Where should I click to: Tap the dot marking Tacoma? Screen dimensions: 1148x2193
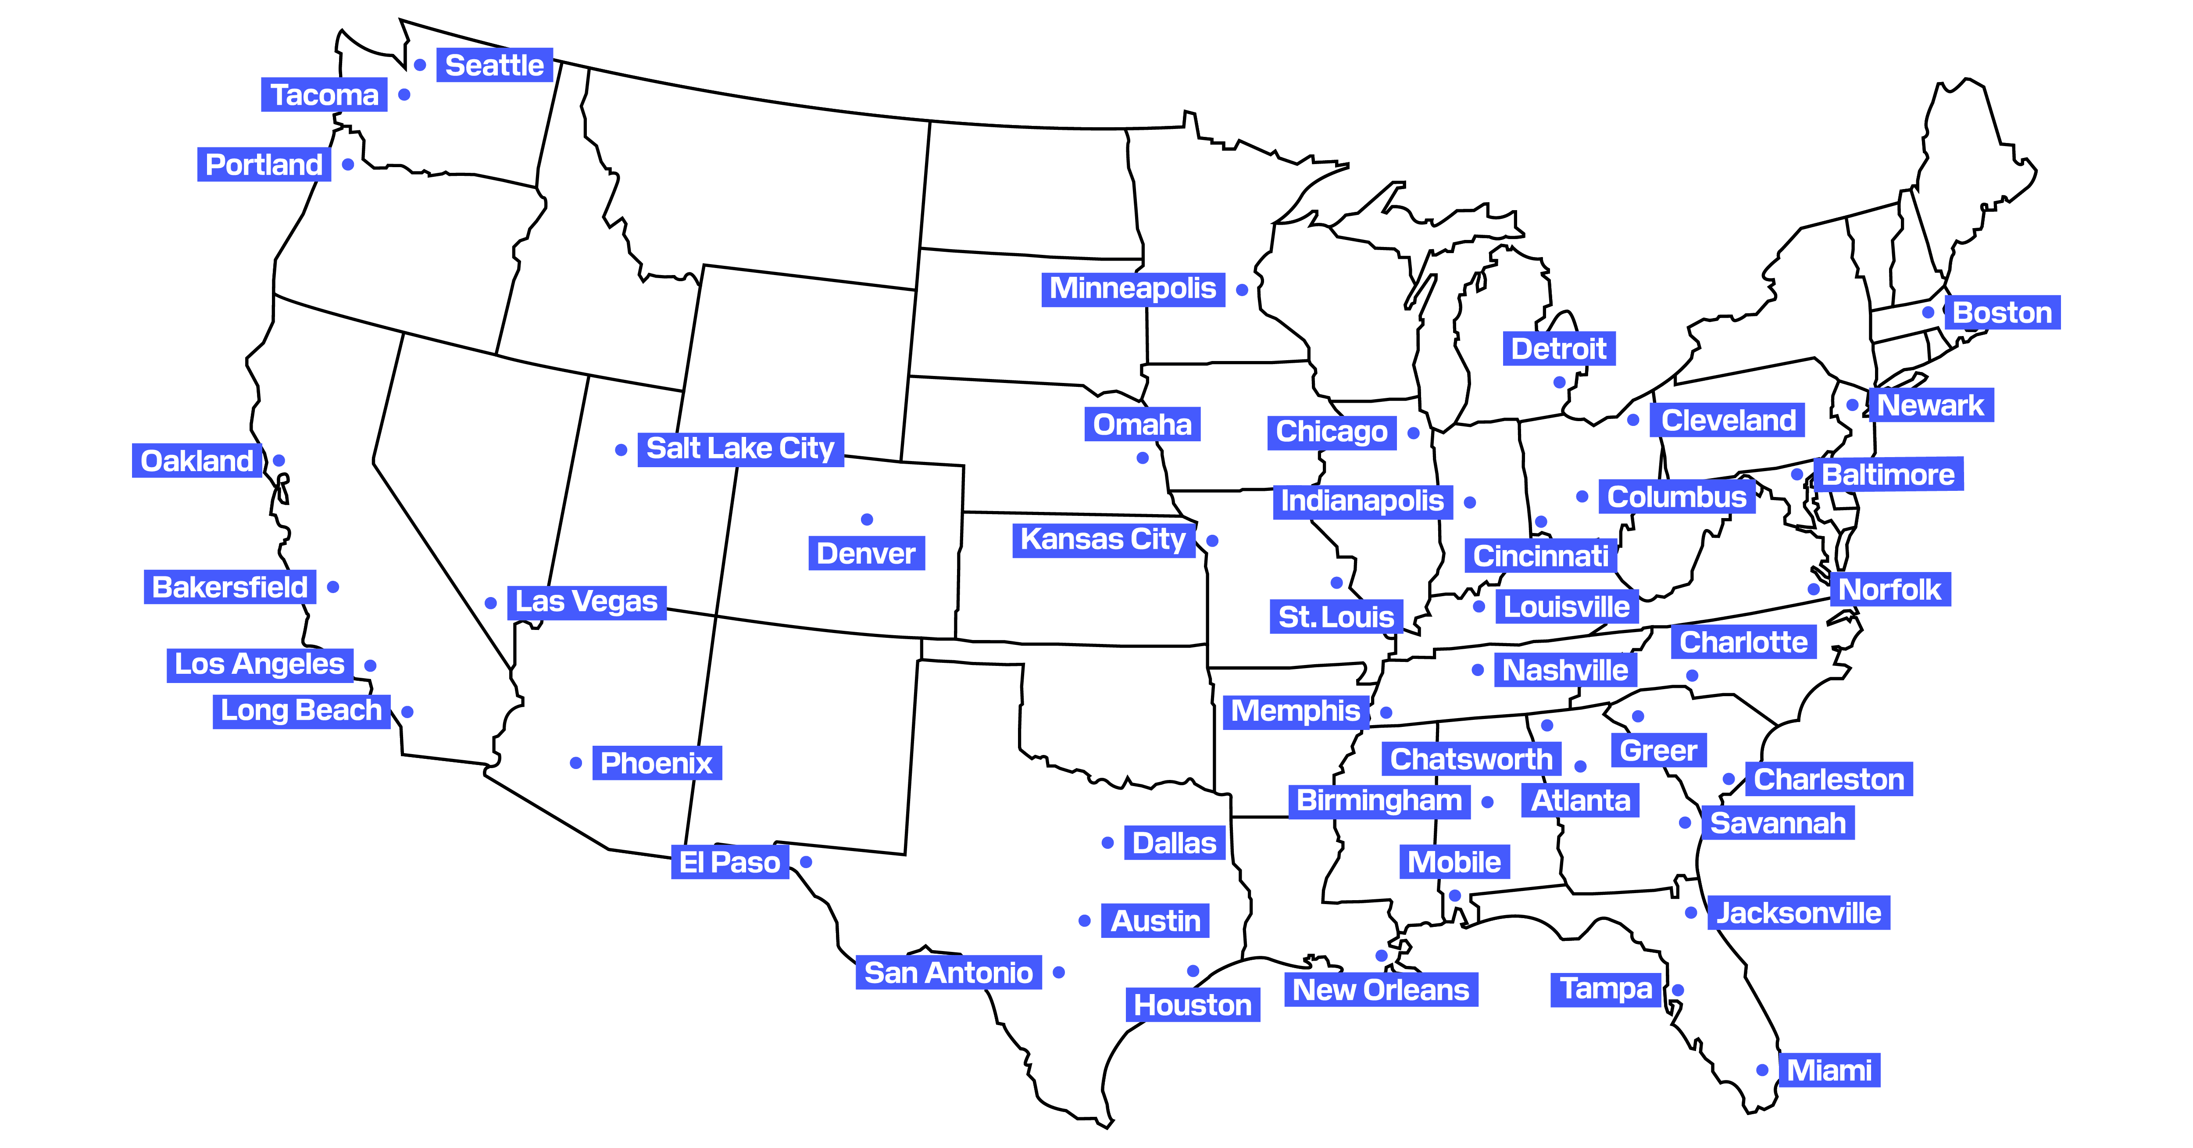click(404, 94)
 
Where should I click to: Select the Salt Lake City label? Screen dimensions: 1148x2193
click(740, 448)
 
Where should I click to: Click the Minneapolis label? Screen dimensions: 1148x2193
click(1132, 289)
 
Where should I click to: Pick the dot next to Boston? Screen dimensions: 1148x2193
click(1928, 312)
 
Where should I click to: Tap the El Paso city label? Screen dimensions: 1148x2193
click(729, 862)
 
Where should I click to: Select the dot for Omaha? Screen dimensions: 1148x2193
click(1143, 458)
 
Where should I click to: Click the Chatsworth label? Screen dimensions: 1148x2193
click(1470, 759)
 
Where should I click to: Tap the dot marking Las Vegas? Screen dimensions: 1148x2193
click(490, 603)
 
